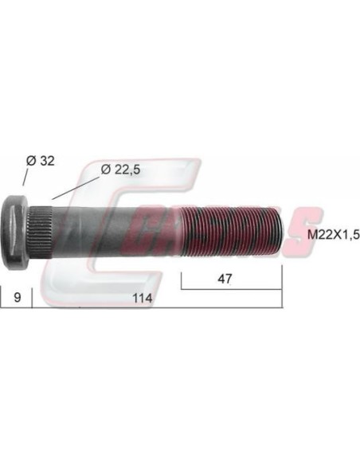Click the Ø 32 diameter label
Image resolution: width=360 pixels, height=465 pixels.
[41, 161]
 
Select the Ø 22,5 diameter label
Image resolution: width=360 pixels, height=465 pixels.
[120, 170]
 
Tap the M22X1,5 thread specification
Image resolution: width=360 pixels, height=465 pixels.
[333, 235]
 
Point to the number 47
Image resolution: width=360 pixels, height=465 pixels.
[225, 279]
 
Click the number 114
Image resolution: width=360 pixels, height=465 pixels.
[143, 298]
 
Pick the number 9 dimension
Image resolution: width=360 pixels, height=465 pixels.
[18, 297]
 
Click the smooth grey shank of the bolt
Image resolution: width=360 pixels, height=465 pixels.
[117, 232]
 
